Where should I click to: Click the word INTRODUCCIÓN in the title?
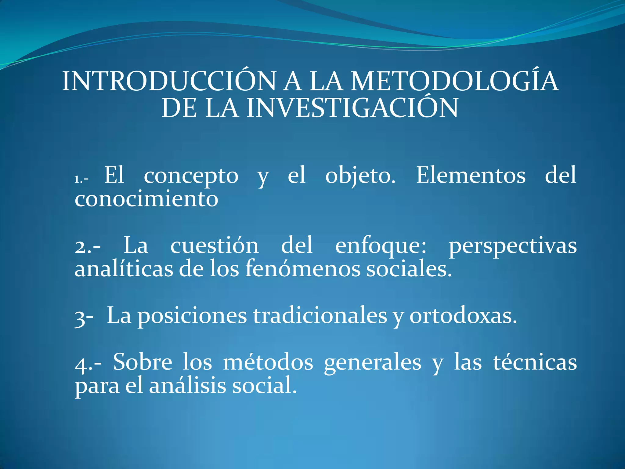pyautogui.click(x=169, y=82)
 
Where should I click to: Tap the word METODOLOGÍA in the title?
pyautogui.click(x=454, y=82)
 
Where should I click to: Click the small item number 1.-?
pyautogui.click(x=81, y=179)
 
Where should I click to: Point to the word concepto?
pyautogui.click(x=191, y=176)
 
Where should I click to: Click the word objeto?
pyautogui.click(x=360, y=176)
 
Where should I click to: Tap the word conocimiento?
pyautogui.click(x=146, y=199)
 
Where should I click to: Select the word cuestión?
pyautogui.click(x=214, y=245)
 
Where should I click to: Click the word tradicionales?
pyautogui.click(x=320, y=316)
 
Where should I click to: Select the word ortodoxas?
pyautogui.click(x=463, y=316)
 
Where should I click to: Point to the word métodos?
pyautogui.click(x=268, y=363)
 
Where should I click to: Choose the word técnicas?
pyautogui.click(x=535, y=363)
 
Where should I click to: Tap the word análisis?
pyautogui.click(x=187, y=386)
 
